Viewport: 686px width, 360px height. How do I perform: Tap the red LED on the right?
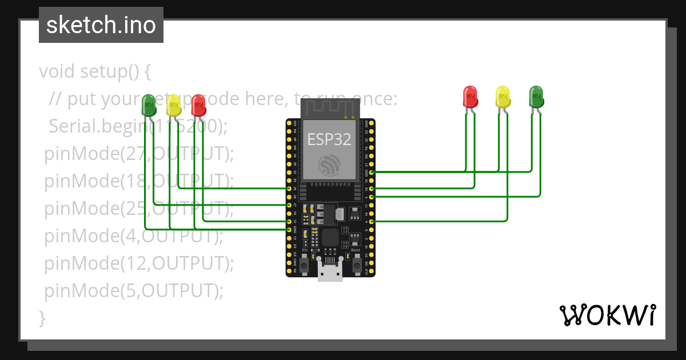[x=470, y=97]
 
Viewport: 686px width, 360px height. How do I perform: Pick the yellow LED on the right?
[x=502, y=97]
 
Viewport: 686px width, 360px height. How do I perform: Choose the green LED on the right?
[x=536, y=97]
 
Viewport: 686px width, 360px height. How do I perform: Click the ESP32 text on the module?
[x=329, y=139]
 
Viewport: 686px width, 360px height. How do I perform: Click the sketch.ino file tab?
[x=101, y=25]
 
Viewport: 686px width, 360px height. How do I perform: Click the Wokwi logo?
[x=607, y=315]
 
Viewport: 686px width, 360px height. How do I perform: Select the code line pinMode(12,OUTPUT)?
[x=139, y=263]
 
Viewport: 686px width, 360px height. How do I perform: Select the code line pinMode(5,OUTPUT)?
[x=134, y=291]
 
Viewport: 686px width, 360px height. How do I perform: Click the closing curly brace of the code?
[x=42, y=317]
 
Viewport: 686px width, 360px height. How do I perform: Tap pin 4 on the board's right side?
[x=372, y=221]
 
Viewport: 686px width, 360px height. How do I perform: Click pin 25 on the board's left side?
[x=289, y=188]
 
